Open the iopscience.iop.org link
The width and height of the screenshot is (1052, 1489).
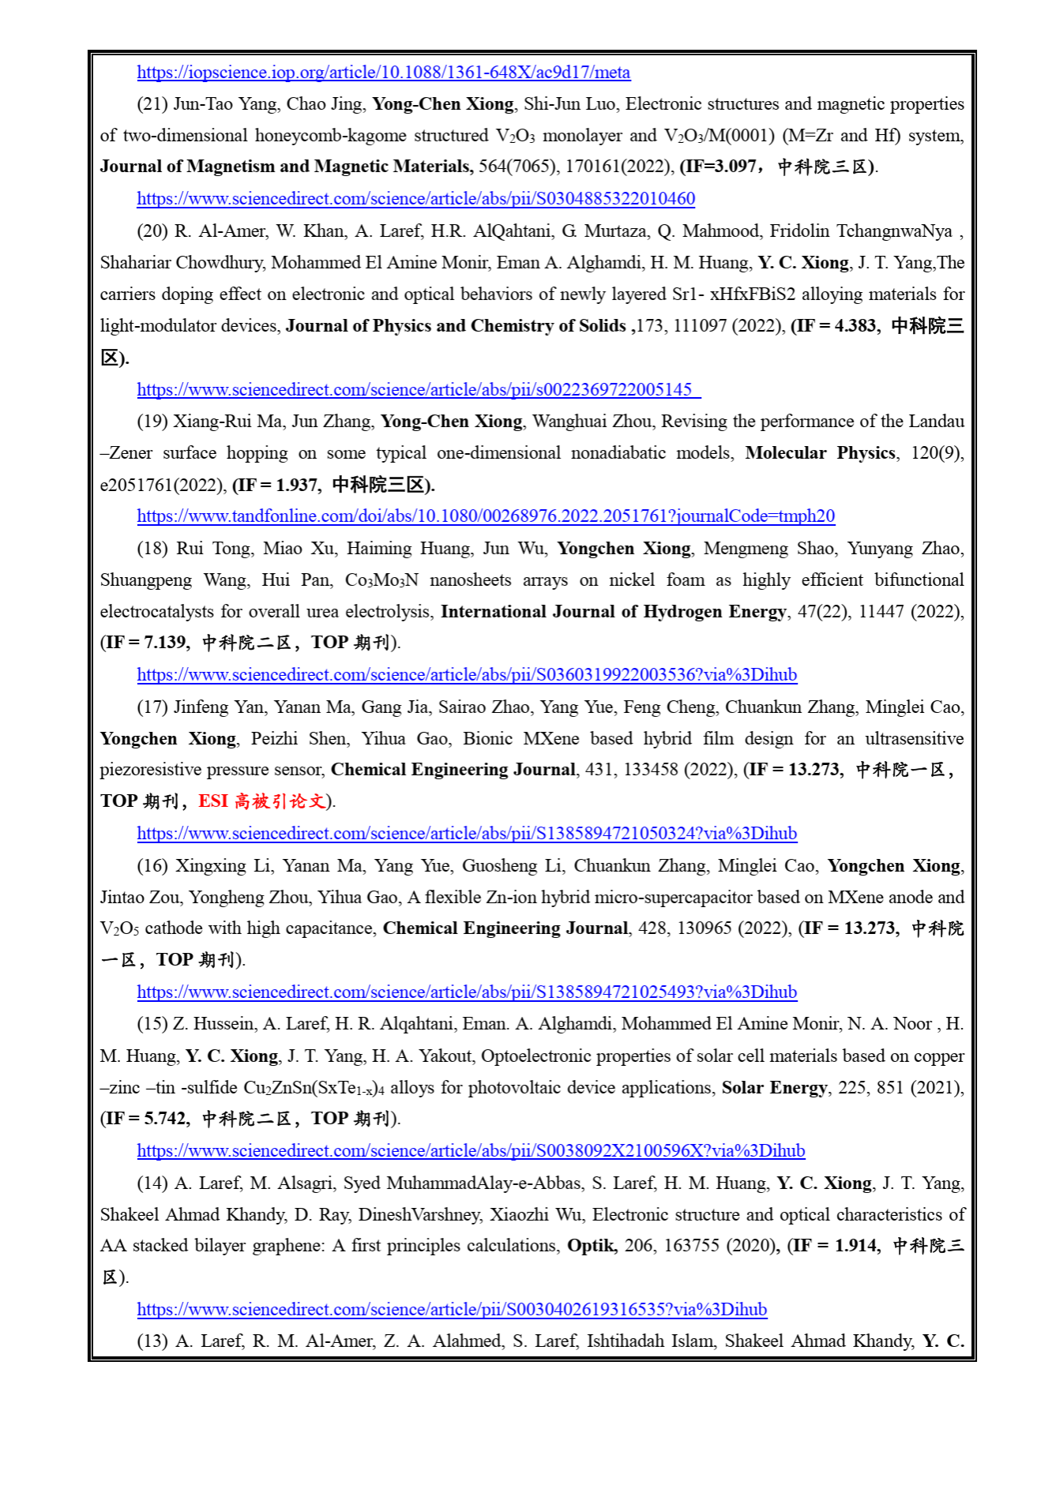point(383,73)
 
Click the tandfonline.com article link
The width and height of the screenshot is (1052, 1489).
point(485,516)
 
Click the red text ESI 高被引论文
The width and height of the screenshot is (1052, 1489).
point(262,801)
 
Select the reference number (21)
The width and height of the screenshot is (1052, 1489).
point(152,104)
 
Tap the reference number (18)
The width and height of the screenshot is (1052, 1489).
point(152,549)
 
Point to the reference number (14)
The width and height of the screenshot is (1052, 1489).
point(152,1183)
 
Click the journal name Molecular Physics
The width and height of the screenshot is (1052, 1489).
point(820,453)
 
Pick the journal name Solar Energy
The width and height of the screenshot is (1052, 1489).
point(774,1088)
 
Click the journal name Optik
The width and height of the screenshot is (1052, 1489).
point(591,1246)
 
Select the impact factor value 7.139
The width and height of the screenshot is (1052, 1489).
point(166,643)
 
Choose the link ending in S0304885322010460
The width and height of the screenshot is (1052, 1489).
point(415,199)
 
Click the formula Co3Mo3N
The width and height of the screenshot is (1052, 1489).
point(381,580)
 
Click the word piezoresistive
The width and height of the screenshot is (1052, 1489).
point(148,770)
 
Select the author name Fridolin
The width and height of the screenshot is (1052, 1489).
point(799,231)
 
